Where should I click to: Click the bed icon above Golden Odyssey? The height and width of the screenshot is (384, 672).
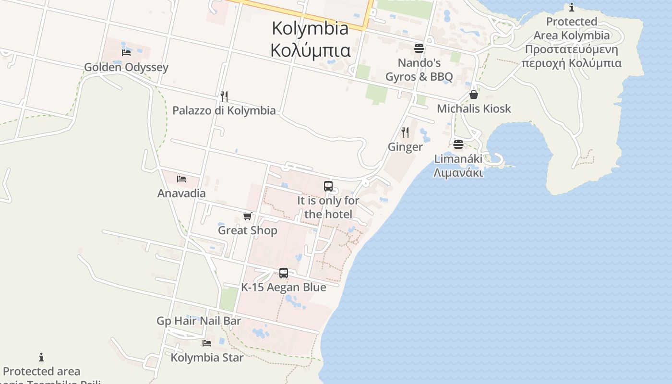(126, 52)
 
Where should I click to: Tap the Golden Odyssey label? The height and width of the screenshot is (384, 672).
(126, 67)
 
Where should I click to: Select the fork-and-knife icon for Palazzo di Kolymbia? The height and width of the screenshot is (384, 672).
(224, 96)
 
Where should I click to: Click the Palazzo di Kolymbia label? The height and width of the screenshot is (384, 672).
(224, 111)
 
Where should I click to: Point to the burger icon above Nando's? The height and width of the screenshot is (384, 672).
(419, 48)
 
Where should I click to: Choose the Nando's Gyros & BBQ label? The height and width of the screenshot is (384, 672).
(419, 70)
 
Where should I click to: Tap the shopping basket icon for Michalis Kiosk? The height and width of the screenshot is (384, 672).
(474, 95)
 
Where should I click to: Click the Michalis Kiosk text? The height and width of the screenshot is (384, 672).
(474, 109)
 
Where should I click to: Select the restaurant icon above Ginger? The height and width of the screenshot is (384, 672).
(405, 132)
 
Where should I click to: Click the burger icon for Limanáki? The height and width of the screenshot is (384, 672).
(458, 144)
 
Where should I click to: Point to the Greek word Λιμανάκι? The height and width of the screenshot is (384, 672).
(458, 173)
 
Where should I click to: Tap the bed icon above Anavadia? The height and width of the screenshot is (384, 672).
(181, 179)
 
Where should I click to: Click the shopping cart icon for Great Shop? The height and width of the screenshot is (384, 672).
(248, 216)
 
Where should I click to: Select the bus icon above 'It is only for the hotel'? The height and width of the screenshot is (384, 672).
(328, 186)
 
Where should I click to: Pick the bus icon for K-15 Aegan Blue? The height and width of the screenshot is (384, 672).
(284, 273)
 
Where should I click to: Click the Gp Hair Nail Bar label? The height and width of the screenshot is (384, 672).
(199, 321)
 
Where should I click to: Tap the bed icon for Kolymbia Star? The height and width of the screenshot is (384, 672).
(207, 343)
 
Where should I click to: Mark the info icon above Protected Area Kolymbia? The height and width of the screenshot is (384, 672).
(571, 8)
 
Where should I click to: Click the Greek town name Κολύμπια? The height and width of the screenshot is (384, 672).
(310, 50)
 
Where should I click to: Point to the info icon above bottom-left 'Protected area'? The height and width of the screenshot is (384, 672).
(41, 357)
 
